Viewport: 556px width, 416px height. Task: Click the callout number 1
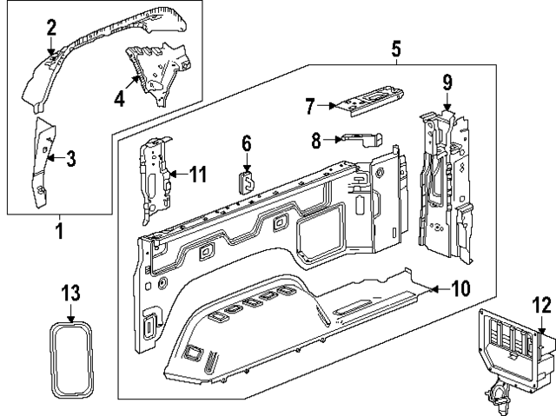coord(59,232)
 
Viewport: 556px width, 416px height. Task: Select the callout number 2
coord(51,27)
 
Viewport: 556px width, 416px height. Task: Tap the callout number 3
coord(70,158)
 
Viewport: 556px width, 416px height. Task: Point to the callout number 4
coord(120,99)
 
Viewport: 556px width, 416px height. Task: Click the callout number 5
coord(395,49)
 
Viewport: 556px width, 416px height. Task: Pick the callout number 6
coord(247,142)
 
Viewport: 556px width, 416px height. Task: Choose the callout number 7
coord(309,106)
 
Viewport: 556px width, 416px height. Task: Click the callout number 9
coord(447,83)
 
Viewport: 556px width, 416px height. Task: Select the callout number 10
coord(461,288)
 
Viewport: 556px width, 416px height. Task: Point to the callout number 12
coord(541,305)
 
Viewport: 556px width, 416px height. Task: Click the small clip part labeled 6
coord(247,180)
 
